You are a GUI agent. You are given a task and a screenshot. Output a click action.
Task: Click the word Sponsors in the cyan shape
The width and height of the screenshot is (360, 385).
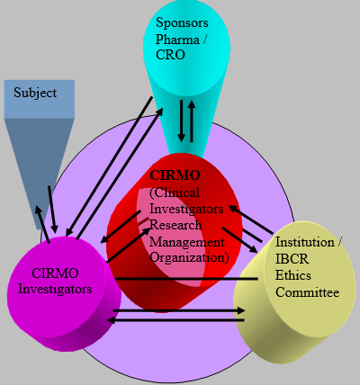182,23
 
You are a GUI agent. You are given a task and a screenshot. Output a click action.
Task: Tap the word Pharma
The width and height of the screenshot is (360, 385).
177,40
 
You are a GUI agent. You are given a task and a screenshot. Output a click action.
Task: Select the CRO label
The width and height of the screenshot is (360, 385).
170,55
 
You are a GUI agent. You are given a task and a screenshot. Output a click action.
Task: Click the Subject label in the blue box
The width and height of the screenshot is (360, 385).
35,93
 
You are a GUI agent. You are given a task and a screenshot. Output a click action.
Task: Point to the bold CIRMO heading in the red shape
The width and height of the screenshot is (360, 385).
175,175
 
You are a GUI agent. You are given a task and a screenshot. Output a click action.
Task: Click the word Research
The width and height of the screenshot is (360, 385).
175,225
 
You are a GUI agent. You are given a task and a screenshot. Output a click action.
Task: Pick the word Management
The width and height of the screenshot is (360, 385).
187,242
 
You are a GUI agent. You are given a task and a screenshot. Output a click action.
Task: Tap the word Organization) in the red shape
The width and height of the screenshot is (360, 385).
189,257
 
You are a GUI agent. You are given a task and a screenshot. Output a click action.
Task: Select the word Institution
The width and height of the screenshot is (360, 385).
305,242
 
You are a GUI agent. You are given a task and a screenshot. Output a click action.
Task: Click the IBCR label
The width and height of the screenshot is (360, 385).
292,259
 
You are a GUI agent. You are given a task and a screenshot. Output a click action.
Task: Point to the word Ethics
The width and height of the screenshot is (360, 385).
293,275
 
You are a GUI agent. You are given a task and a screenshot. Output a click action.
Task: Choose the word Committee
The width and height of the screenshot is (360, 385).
308,292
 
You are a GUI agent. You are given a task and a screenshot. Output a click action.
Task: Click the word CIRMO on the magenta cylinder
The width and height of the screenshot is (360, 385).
55,273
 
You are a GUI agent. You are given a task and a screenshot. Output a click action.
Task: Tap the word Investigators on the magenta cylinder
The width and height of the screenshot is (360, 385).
55,289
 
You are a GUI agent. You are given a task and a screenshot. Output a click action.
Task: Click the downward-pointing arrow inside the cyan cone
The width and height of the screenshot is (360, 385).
181,121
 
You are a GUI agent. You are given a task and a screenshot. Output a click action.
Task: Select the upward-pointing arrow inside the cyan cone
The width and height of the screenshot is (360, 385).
192,121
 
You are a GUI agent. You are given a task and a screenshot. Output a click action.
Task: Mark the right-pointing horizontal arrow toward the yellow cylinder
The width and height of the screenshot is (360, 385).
179,310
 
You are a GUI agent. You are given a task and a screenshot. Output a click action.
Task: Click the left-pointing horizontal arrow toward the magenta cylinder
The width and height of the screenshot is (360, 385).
175,320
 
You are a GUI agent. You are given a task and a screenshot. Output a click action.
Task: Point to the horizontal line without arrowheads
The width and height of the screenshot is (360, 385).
186,279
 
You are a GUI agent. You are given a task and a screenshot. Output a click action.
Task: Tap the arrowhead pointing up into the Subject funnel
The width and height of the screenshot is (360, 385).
39,210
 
